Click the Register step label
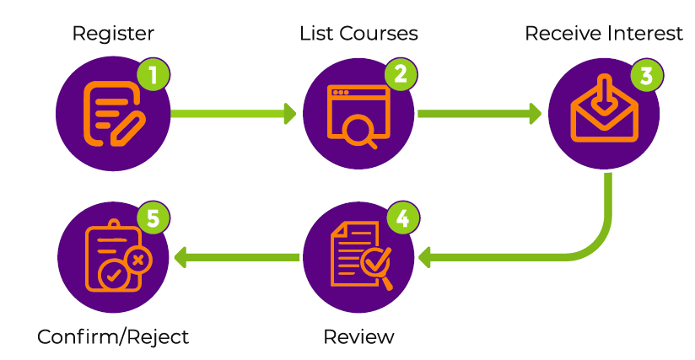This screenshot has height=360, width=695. (113, 34)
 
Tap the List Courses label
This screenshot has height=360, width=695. (358, 34)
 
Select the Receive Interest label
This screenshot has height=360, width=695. (603, 34)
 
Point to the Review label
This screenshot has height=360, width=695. (358, 337)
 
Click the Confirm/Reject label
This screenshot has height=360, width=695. (113, 337)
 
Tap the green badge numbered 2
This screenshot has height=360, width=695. (401, 74)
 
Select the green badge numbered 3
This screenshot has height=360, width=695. (646, 75)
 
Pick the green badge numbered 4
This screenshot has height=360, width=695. (402, 219)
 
